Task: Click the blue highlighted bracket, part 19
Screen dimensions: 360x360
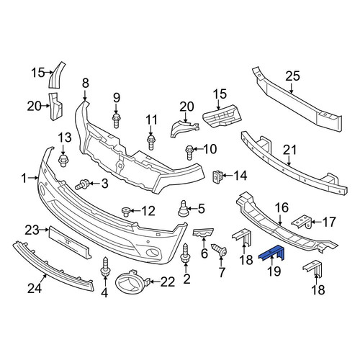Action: click(x=271, y=253)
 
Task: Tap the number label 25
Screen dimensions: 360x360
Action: click(x=292, y=76)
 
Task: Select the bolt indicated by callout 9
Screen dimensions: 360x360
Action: click(x=116, y=121)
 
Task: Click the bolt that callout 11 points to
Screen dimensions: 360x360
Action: click(x=150, y=143)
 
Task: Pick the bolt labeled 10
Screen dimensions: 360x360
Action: click(x=189, y=152)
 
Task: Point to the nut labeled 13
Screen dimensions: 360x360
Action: click(x=63, y=161)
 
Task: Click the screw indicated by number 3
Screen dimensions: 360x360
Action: click(x=82, y=184)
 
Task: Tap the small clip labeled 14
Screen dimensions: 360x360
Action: click(x=218, y=176)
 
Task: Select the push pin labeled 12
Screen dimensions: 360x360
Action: click(x=126, y=212)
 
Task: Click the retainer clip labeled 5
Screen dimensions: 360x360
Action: click(x=184, y=208)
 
